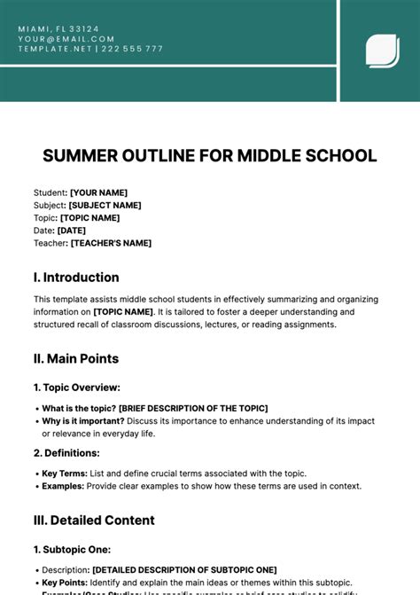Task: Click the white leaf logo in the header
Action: click(382, 50)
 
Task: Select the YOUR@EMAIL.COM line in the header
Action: click(66, 39)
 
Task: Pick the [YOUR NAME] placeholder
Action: click(98, 192)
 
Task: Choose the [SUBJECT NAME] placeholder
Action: click(105, 205)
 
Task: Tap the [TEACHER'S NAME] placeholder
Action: click(111, 243)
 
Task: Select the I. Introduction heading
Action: click(76, 277)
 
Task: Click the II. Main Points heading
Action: click(76, 358)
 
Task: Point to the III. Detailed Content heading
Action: click(94, 520)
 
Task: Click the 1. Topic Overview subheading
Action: click(77, 388)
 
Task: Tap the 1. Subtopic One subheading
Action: click(72, 550)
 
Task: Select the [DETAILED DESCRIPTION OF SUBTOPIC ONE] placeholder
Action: click(184, 569)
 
